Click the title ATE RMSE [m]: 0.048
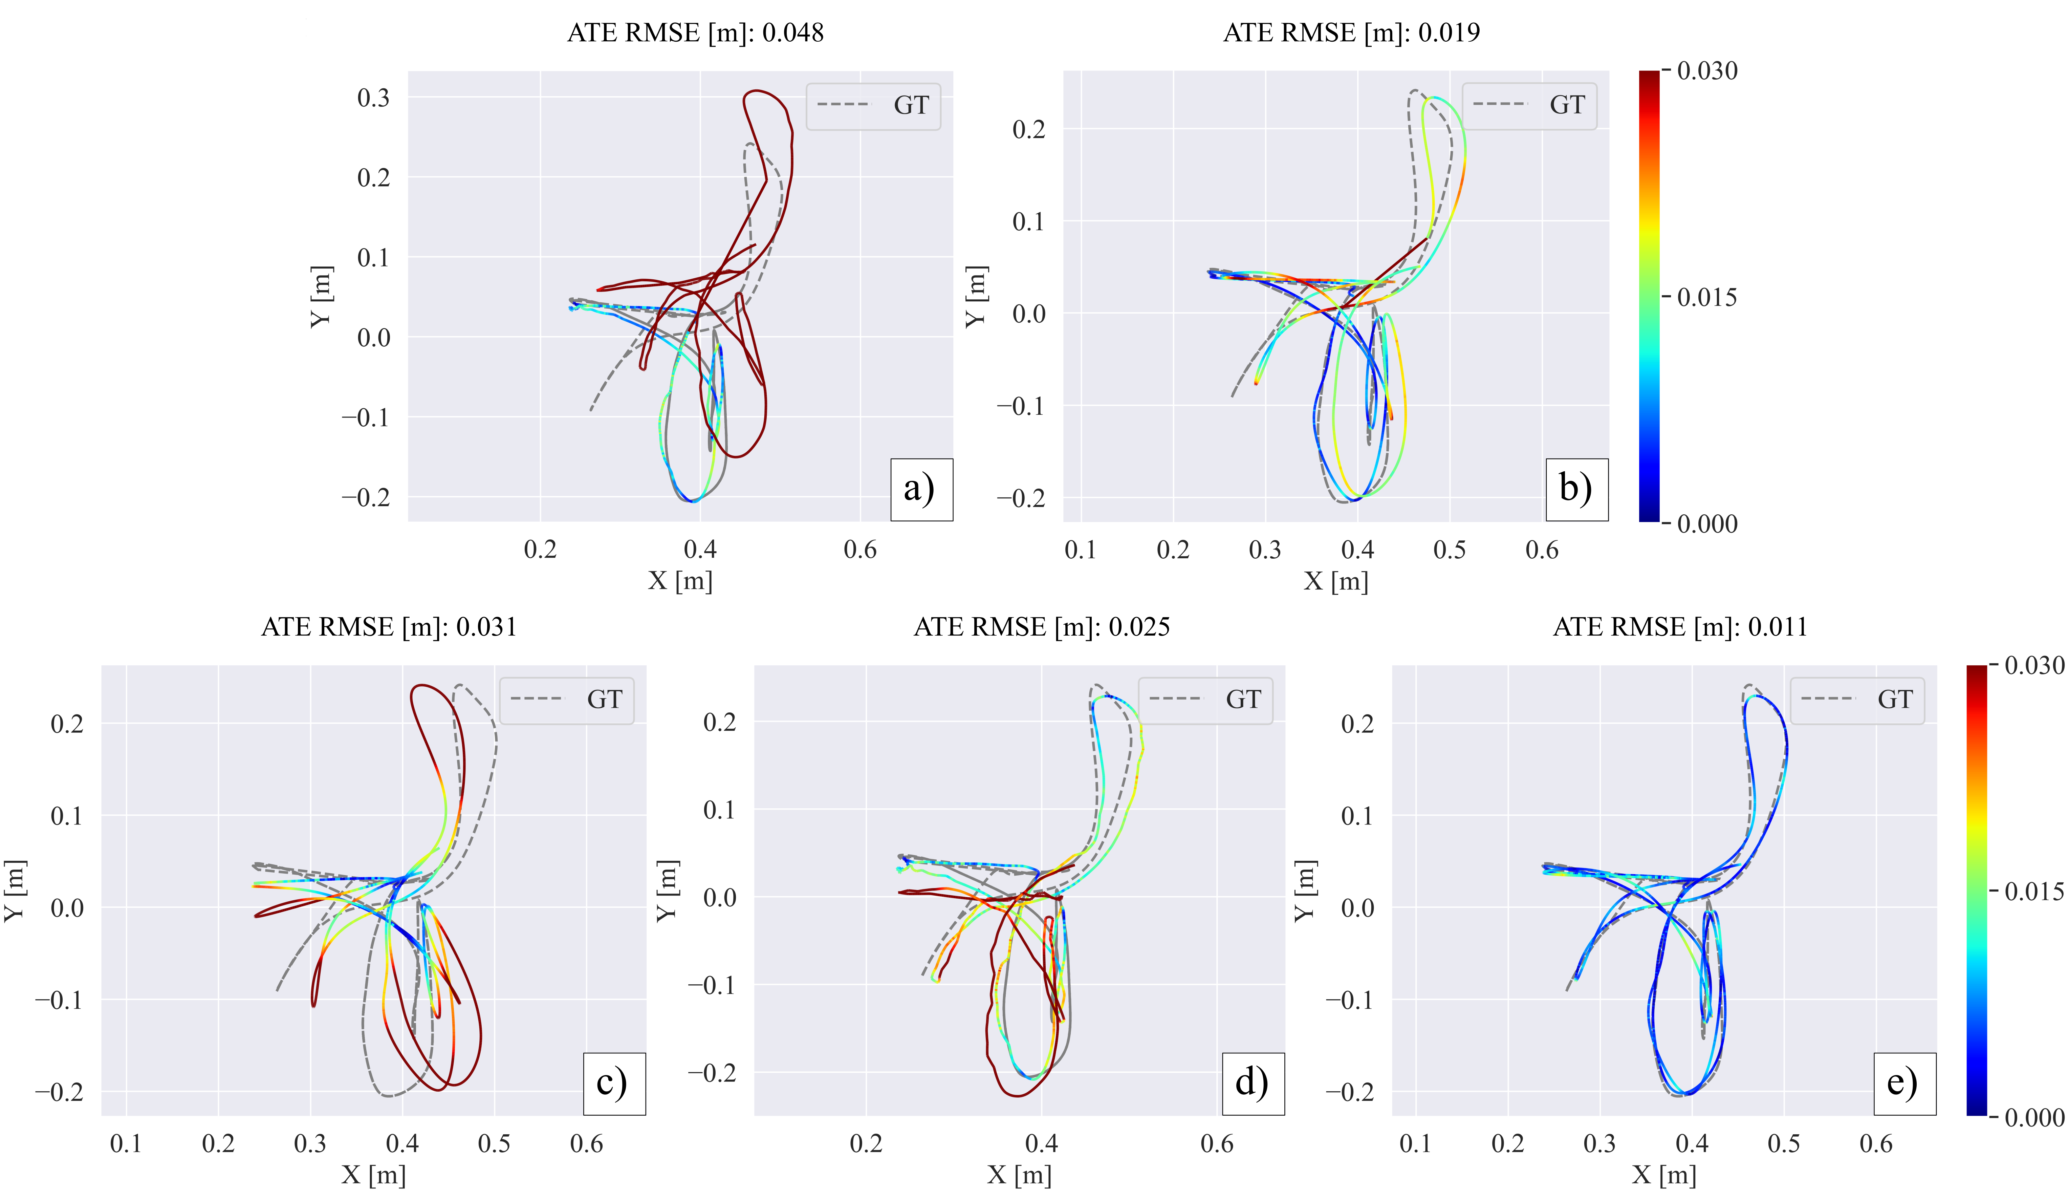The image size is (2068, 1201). [x=695, y=33]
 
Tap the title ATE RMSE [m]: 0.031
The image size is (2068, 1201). [x=389, y=627]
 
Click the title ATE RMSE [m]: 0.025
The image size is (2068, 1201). [x=1041, y=627]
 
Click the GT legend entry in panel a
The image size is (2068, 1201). [x=873, y=105]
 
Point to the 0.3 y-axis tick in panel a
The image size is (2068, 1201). [x=373, y=98]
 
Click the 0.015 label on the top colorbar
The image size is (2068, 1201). [x=1706, y=297]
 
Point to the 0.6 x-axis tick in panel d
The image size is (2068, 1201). [x=1216, y=1143]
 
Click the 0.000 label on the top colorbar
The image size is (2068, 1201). [x=1706, y=524]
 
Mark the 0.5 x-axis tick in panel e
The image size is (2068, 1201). [x=1783, y=1143]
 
